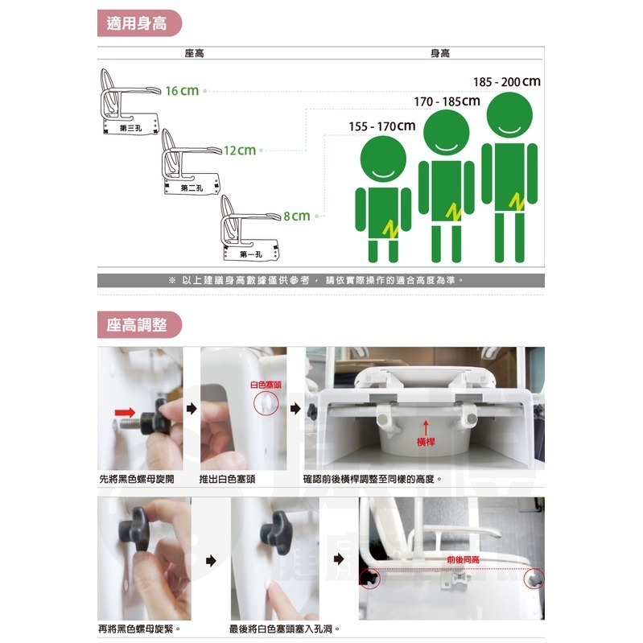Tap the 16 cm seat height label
coord(182,90)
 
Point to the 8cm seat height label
coord(296,216)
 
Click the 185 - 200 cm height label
coord(506,82)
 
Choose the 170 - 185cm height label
coord(447,102)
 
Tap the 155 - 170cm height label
coord(382,126)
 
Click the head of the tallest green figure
coord(508,117)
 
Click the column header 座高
coord(194,52)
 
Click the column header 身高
coord(440,52)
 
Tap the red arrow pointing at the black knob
coord(124,412)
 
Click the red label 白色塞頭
coord(266,385)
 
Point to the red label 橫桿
coord(426,443)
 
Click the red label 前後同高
coord(464,558)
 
